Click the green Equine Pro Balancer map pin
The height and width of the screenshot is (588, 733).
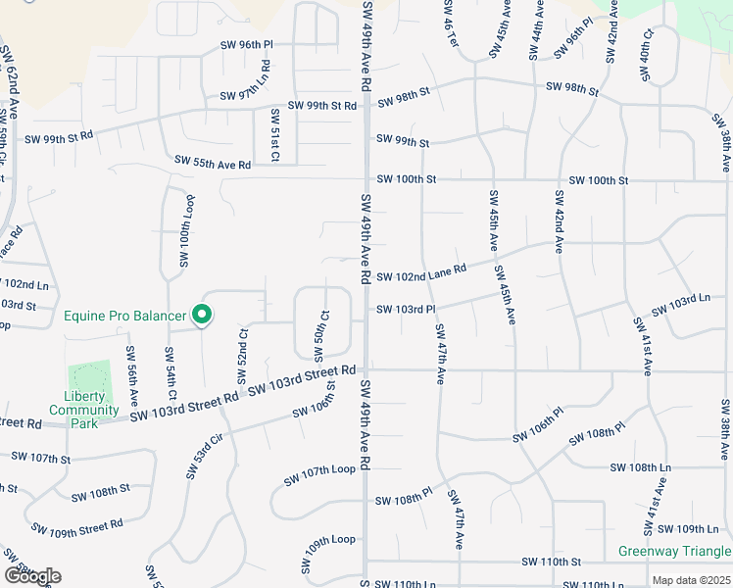[x=202, y=314]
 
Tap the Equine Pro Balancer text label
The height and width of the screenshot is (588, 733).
[x=124, y=316]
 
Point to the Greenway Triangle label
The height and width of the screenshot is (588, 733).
[x=674, y=551]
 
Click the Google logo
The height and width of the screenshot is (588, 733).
[x=32, y=576]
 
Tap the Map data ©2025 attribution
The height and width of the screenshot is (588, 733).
[x=691, y=580]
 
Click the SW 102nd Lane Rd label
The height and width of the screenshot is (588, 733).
[x=421, y=276]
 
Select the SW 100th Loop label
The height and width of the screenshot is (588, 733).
[x=185, y=230]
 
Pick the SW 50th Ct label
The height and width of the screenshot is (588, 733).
[x=319, y=333]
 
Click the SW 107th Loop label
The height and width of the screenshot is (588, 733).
[x=319, y=476]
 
